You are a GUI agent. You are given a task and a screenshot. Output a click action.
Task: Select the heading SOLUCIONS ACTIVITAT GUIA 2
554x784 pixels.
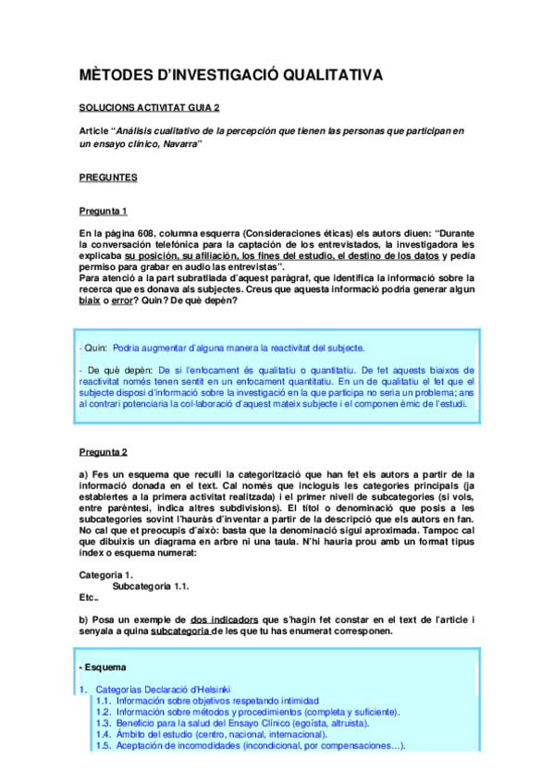tap(149, 108)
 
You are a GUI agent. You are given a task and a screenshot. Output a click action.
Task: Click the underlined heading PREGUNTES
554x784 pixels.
tap(108, 177)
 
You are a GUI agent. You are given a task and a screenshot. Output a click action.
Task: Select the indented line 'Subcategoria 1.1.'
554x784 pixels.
tap(150, 585)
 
